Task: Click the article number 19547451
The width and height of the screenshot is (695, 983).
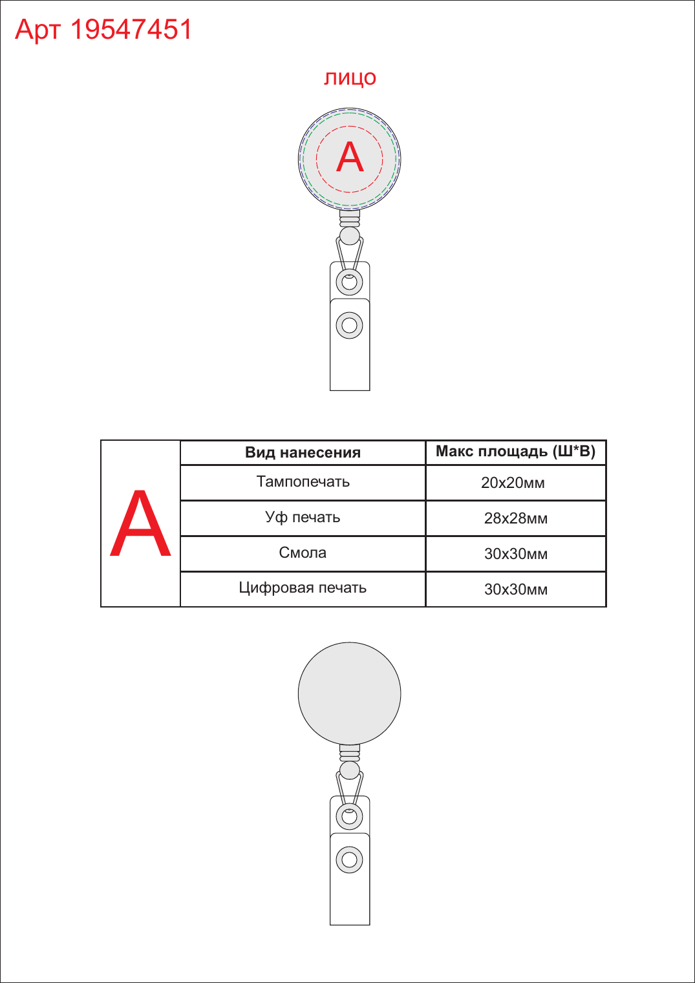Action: tap(131, 30)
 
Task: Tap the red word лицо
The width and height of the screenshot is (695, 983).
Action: tap(350, 78)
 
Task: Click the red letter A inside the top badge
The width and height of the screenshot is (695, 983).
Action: tap(350, 156)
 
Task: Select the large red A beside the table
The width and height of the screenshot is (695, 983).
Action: tap(140, 523)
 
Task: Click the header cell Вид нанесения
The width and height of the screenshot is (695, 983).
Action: tap(303, 452)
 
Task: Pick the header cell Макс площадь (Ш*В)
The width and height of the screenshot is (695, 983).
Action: tap(515, 451)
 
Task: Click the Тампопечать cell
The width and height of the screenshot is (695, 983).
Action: tap(303, 482)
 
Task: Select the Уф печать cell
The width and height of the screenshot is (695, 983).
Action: tap(303, 518)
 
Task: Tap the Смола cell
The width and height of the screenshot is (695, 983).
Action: tap(303, 553)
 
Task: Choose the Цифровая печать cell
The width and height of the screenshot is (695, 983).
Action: tap(303, 588)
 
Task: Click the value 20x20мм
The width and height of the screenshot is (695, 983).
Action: tap(513, 483)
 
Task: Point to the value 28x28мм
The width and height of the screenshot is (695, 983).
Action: tap(516, 518)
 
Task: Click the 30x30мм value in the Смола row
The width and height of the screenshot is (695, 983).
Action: tap(516, 554)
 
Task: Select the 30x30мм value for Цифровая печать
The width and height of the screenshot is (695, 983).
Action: tap(516, 589)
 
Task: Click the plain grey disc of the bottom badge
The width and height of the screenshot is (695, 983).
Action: tap(350, 694)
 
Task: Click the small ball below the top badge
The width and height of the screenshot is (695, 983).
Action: tap(350, 236)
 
